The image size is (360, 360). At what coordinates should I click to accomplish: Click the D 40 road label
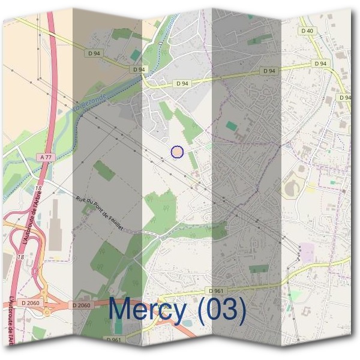point(307,31)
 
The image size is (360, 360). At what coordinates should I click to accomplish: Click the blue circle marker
point(177,152)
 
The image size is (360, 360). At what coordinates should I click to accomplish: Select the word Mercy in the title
point(148,310)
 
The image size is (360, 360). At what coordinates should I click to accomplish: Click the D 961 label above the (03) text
point(217,291)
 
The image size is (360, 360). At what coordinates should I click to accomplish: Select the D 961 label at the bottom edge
point(113,340)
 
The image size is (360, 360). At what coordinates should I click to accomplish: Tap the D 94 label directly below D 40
point(320,64)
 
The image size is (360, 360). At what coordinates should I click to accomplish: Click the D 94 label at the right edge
point(344,97)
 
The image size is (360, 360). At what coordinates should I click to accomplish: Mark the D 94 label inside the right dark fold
point(269,71)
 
